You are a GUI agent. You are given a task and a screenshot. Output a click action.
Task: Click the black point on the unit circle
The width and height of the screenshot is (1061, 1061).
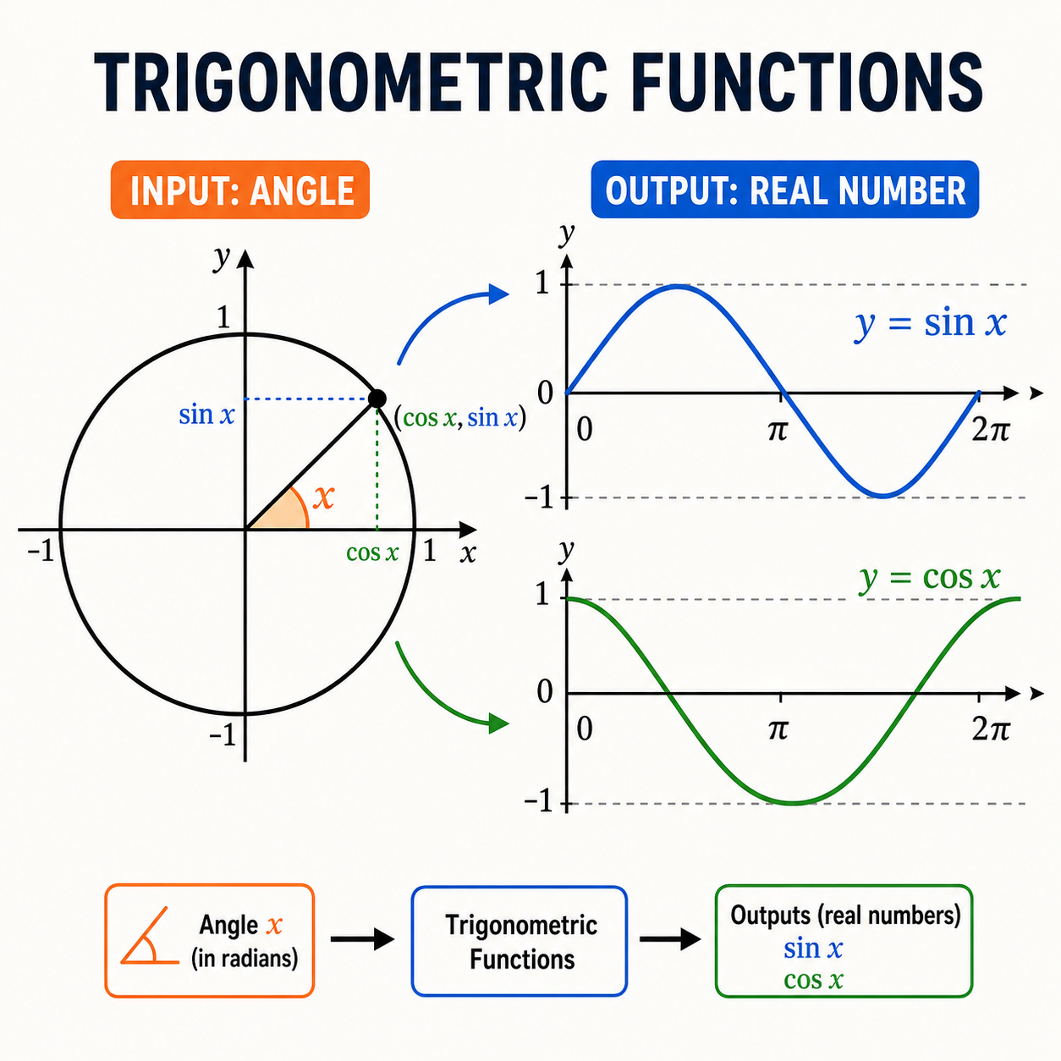click(377, 399)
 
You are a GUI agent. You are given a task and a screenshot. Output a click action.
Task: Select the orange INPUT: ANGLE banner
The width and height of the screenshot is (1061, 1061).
click(240, 190)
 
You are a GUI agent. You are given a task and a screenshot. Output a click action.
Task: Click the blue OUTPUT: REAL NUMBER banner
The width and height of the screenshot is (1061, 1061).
click(784, 190)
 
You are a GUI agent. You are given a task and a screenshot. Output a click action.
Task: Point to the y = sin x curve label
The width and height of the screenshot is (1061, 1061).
click(930, 323)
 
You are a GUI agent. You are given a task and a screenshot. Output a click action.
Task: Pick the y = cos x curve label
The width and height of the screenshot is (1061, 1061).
click(929, 578)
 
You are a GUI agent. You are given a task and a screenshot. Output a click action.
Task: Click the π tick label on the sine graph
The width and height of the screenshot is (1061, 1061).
click(778, 431)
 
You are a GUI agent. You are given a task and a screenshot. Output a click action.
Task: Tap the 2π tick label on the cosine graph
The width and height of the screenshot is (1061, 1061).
click(991, 729)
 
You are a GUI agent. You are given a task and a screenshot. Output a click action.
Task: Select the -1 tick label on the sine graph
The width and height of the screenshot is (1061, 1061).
click(539, 498)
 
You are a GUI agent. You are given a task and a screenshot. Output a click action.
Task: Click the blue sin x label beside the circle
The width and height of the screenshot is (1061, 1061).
click(206, 415)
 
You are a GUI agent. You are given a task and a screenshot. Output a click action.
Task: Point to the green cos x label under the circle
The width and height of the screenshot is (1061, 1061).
click(372, 552)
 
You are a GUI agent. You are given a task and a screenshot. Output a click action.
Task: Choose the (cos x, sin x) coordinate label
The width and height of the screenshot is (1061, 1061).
click(460, 418)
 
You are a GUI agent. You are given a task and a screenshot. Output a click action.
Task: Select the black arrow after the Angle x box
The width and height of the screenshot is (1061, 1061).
click(362, 939)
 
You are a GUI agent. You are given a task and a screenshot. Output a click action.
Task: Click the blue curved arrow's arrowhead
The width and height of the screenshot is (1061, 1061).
click(498, 294)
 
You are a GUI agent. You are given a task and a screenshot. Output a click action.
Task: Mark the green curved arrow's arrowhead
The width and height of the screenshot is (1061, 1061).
click(498, 723)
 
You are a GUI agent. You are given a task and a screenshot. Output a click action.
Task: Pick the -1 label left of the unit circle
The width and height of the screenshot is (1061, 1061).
click(41, 550)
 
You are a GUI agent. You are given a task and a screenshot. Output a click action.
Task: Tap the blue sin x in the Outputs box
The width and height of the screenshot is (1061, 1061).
click(813, 948)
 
